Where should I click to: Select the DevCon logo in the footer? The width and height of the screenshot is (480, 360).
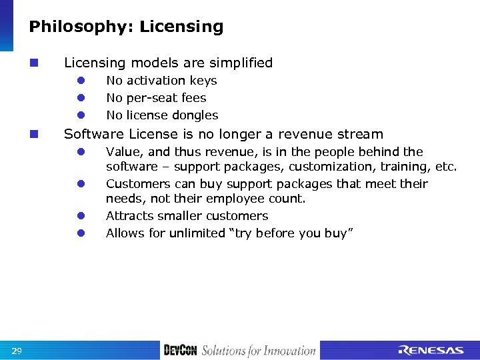(x=180, y=351)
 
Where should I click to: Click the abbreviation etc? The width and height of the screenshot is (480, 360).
(x=445, y=167)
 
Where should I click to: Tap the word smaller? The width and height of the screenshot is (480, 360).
(x=177, y=216)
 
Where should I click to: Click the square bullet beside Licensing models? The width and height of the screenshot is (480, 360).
(x=33, y=63)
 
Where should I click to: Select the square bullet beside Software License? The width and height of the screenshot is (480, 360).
(x=33, y=134)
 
